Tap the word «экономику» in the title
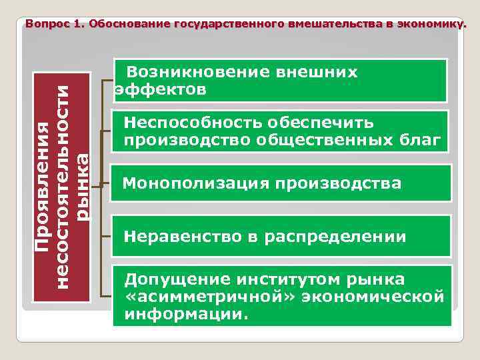430,24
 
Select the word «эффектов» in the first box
161,89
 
